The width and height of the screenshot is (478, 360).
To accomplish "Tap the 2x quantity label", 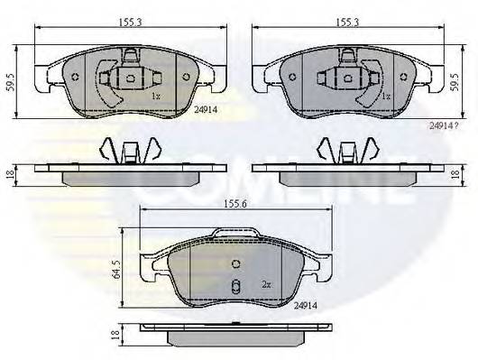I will pos(267,284).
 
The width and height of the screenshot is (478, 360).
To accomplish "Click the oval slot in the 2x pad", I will pos(234,289).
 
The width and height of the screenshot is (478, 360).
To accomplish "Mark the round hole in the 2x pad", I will pos(235,264).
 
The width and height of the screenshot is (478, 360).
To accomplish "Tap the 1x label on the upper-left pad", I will pos(154,95).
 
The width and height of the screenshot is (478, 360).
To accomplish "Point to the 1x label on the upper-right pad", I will pos(385,95).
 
